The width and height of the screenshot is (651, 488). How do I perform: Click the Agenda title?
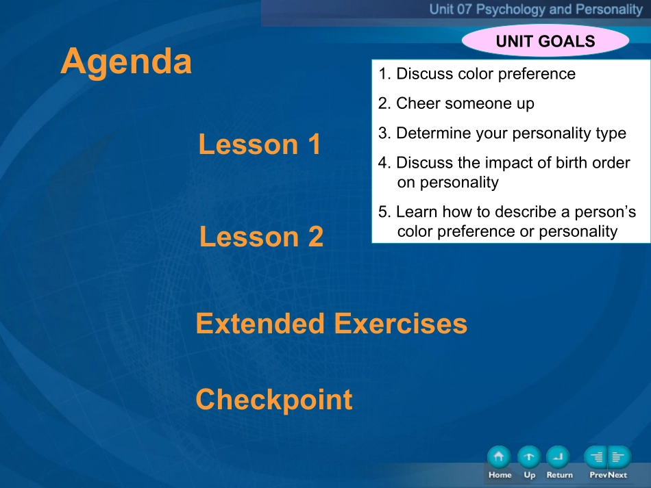126,62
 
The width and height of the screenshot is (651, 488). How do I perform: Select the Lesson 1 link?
260,144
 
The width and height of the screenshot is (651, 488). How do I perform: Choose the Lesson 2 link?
261,237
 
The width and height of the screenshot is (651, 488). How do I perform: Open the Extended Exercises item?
331,324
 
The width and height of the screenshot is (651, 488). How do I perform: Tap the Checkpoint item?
274,400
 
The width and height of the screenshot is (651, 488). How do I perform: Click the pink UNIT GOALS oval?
545,41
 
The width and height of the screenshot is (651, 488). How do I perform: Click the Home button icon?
499,457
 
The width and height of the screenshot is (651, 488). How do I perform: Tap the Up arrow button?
529,457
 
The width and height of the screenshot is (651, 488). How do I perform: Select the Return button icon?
558,457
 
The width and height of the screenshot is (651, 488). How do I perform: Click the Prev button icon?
595,457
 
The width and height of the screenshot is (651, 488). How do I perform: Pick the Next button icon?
619,457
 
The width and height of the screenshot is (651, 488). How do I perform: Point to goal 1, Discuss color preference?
477,74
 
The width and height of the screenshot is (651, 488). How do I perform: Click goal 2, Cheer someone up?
456,103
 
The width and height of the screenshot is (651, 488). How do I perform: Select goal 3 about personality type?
502,133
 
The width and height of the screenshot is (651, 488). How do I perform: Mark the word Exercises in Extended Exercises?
401,324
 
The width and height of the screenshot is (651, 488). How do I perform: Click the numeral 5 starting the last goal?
382,212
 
